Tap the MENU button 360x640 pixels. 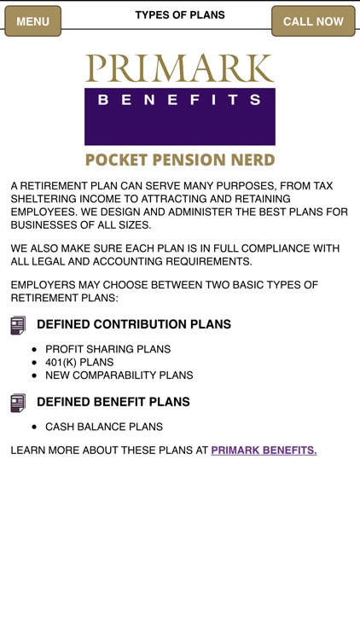tap(33, 21)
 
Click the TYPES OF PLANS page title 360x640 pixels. tap(180, 15)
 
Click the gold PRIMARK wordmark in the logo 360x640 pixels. tap(179, 68)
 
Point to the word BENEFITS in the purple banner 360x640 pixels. tap(179, 100)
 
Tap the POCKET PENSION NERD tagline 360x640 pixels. tap(180, 160)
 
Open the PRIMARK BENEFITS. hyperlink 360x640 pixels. tap(264, 451)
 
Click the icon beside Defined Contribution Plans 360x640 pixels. tap(18, 325)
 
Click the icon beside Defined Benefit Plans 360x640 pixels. tap(18, 403)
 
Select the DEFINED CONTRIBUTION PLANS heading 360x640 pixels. tap(134, 325)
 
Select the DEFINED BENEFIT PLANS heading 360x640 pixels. tap(113, 402)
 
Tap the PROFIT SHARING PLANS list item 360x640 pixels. tap(107, 349)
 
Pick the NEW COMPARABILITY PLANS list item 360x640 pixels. tap(119, 375)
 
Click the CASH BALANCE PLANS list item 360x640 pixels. tap(103, 427)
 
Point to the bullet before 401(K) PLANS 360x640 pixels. tap(34, 363)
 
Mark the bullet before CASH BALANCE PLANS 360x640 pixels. tap(34, 427)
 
